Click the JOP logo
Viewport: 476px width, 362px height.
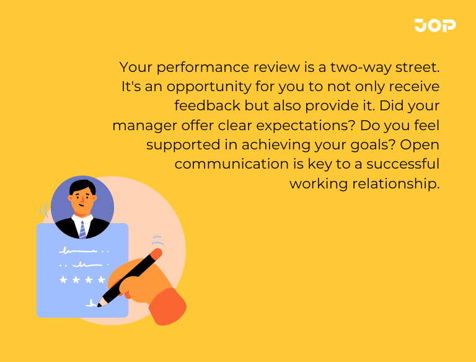(x=435, y=25)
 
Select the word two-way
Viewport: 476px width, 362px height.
(x=365, y=66)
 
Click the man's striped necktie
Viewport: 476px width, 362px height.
(x=82, y=229)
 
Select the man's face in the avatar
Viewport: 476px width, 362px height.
(x=82, y=200)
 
